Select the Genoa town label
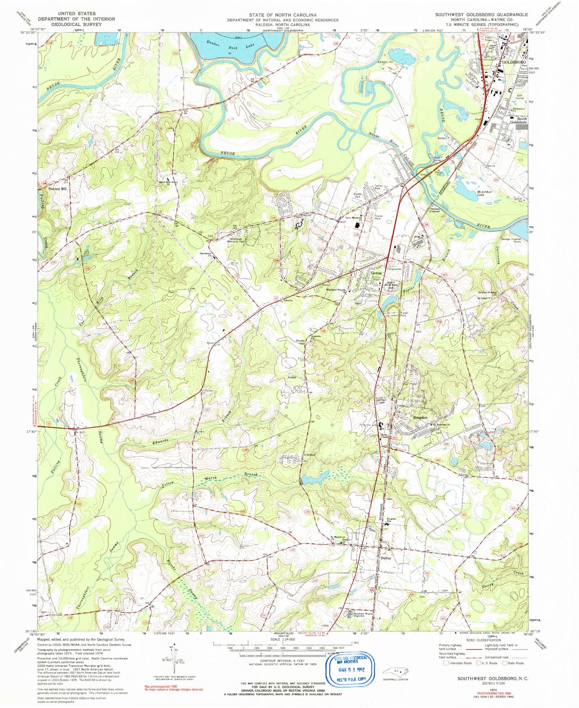point(376,273)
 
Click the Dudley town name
point(385,558)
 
